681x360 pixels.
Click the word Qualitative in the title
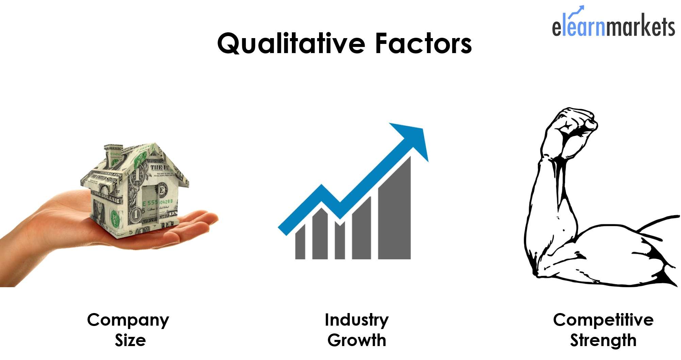(x=292, y=44)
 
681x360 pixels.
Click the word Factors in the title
(x=423, y=43)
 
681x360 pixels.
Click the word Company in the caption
(x=128, y=321)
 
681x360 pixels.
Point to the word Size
(x=130, y=340)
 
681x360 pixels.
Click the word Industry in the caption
(x=356, y=321)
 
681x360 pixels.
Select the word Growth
(x=357, y=340)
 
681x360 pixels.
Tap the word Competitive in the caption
(x=603, y=321)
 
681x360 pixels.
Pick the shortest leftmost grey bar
(x=300, y=242)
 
